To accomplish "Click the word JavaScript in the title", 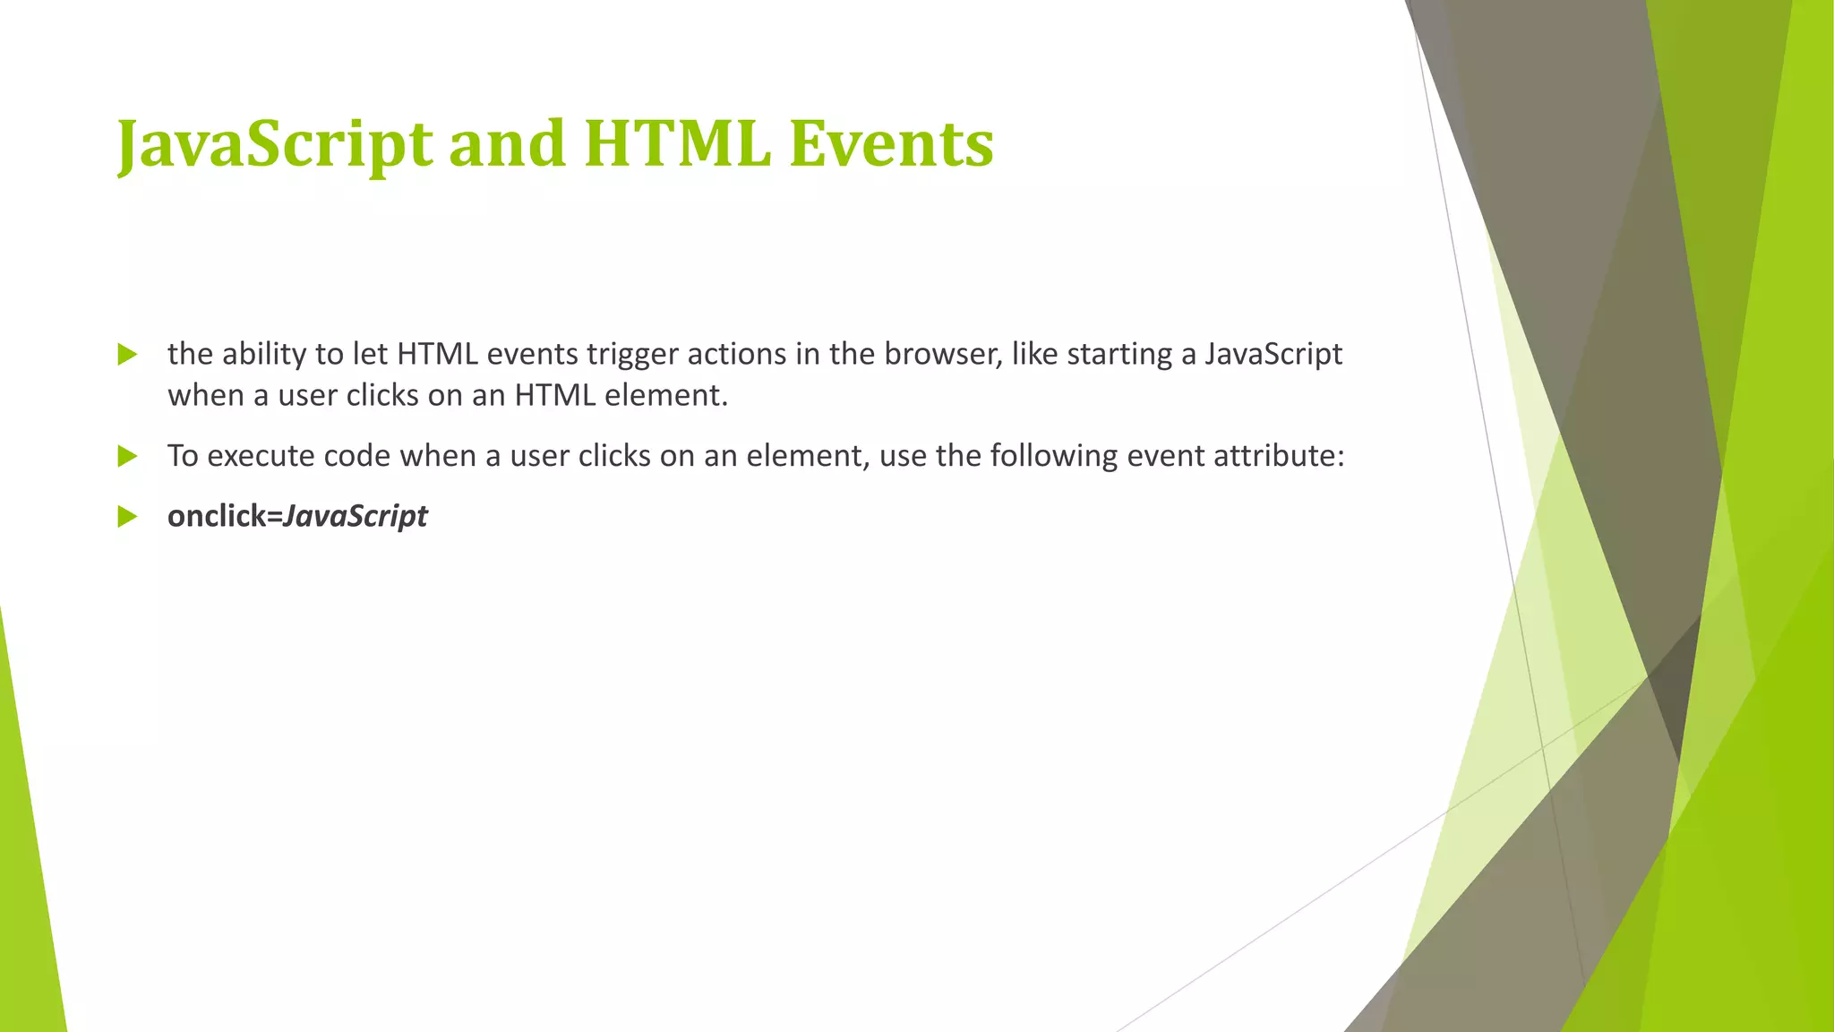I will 274,145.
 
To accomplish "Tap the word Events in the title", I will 891,145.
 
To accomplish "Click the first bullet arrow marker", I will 127,355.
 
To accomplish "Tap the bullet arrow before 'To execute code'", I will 127,457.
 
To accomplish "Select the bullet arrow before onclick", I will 127,517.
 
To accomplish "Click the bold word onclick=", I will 225,517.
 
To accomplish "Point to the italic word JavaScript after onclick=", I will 356,517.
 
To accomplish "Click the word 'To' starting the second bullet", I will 183,457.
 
